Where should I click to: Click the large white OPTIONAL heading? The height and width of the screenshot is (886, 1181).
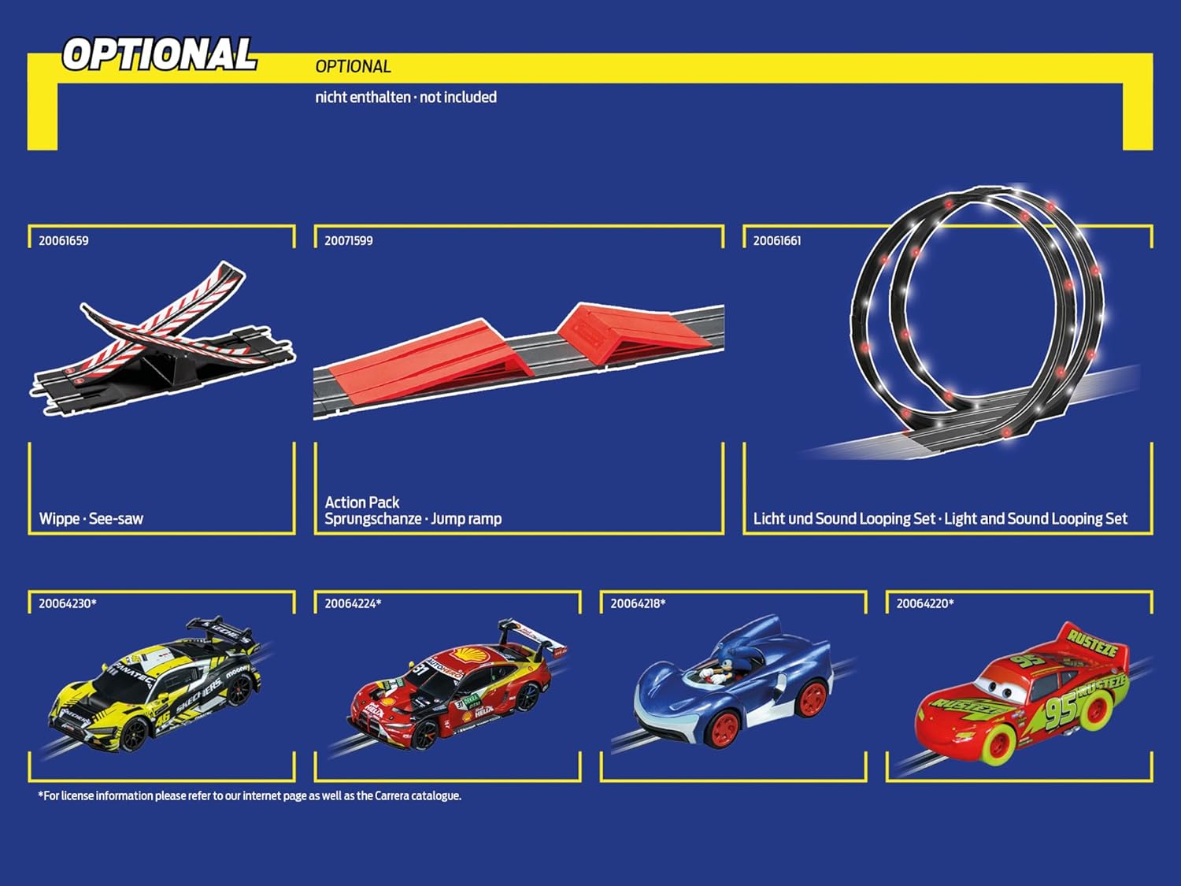pos(160,54)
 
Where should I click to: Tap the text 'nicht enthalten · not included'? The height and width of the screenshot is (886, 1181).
pos(405,98)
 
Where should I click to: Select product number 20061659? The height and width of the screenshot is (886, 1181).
pos(64,241)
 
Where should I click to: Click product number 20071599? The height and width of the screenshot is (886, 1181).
pos(349,241)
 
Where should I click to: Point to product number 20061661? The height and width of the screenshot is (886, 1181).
pos(777,241)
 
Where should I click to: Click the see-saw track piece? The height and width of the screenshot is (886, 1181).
pos(161,339)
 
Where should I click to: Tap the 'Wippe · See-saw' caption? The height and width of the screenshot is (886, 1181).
pos(91,519)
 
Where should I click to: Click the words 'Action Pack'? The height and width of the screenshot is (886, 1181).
pos(362,502)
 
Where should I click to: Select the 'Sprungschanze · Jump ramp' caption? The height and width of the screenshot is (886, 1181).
pos(413,519)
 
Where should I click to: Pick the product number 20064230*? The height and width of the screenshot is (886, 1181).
pos(68,604)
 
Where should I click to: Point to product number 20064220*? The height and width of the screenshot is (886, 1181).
pos(925,604)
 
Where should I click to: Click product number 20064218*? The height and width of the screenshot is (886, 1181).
pos(638,604)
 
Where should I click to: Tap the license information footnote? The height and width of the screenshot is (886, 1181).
pos(250,796)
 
